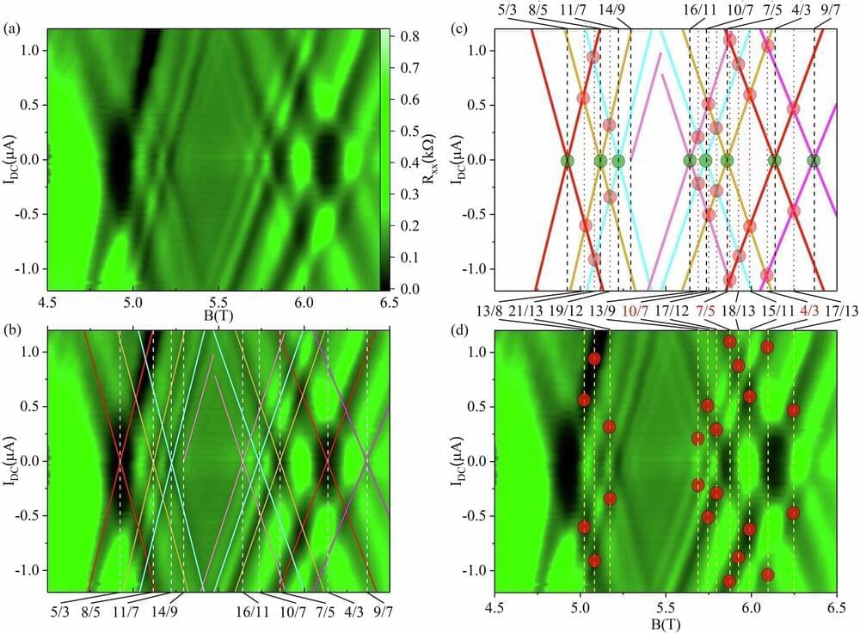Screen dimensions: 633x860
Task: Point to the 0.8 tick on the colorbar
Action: [x=402, y=36]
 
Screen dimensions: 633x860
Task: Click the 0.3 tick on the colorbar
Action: [x=402, y=194]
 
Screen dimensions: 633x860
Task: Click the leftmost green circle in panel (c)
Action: [x=568, y=160]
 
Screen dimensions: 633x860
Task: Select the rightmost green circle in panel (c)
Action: [x=814, y=160]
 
